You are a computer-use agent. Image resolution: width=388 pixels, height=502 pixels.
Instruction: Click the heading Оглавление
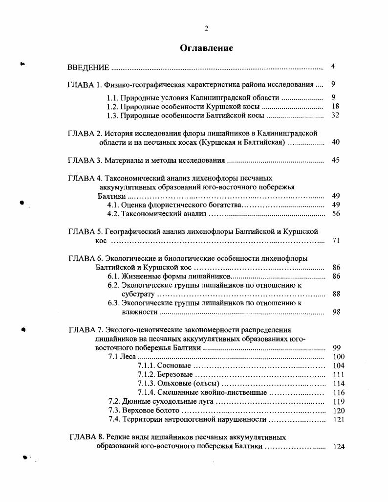(206, 48)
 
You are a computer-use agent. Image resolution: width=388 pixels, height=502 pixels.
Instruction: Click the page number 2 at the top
(206, 28)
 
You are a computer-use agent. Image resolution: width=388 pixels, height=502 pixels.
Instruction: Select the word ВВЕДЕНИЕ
(88, 67)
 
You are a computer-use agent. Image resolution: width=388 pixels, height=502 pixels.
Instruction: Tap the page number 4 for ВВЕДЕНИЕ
(333, 67)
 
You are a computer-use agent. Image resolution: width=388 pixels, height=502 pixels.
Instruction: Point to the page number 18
(335, 106)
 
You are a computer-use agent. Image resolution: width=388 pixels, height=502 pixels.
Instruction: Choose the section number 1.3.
(113, 115)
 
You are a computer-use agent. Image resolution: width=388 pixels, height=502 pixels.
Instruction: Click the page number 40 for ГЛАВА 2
(335, 142)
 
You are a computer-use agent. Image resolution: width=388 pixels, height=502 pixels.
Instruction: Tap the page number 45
(335, 160)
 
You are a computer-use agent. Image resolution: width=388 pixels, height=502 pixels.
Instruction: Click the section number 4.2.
(113, 214)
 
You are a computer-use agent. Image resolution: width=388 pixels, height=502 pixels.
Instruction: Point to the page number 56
(336, 214)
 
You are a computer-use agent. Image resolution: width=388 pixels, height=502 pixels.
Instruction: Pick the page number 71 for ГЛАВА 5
(336, 241)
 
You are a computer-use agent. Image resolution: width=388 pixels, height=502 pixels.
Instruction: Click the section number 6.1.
(114, 276)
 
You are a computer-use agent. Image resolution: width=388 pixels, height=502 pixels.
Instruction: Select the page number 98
(336, 312)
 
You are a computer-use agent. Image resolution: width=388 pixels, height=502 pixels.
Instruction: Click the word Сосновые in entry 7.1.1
(174, 366)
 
